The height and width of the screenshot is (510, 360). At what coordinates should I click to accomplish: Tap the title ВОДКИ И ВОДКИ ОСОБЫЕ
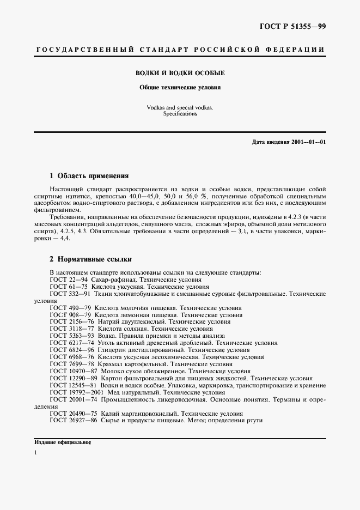tap(180, 72)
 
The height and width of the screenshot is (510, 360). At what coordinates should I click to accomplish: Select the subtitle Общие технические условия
tap(180, 87)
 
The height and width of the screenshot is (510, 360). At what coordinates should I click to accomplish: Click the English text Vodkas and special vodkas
tap(180, 108)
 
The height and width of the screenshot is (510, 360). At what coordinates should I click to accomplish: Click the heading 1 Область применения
tap(89, 176)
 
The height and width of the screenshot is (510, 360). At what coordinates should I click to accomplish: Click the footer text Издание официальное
tap(62, 442)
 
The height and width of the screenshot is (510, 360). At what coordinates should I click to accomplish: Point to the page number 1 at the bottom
tap(36, 453)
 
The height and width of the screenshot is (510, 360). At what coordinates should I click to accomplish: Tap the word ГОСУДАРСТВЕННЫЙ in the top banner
tap(84, 50)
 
